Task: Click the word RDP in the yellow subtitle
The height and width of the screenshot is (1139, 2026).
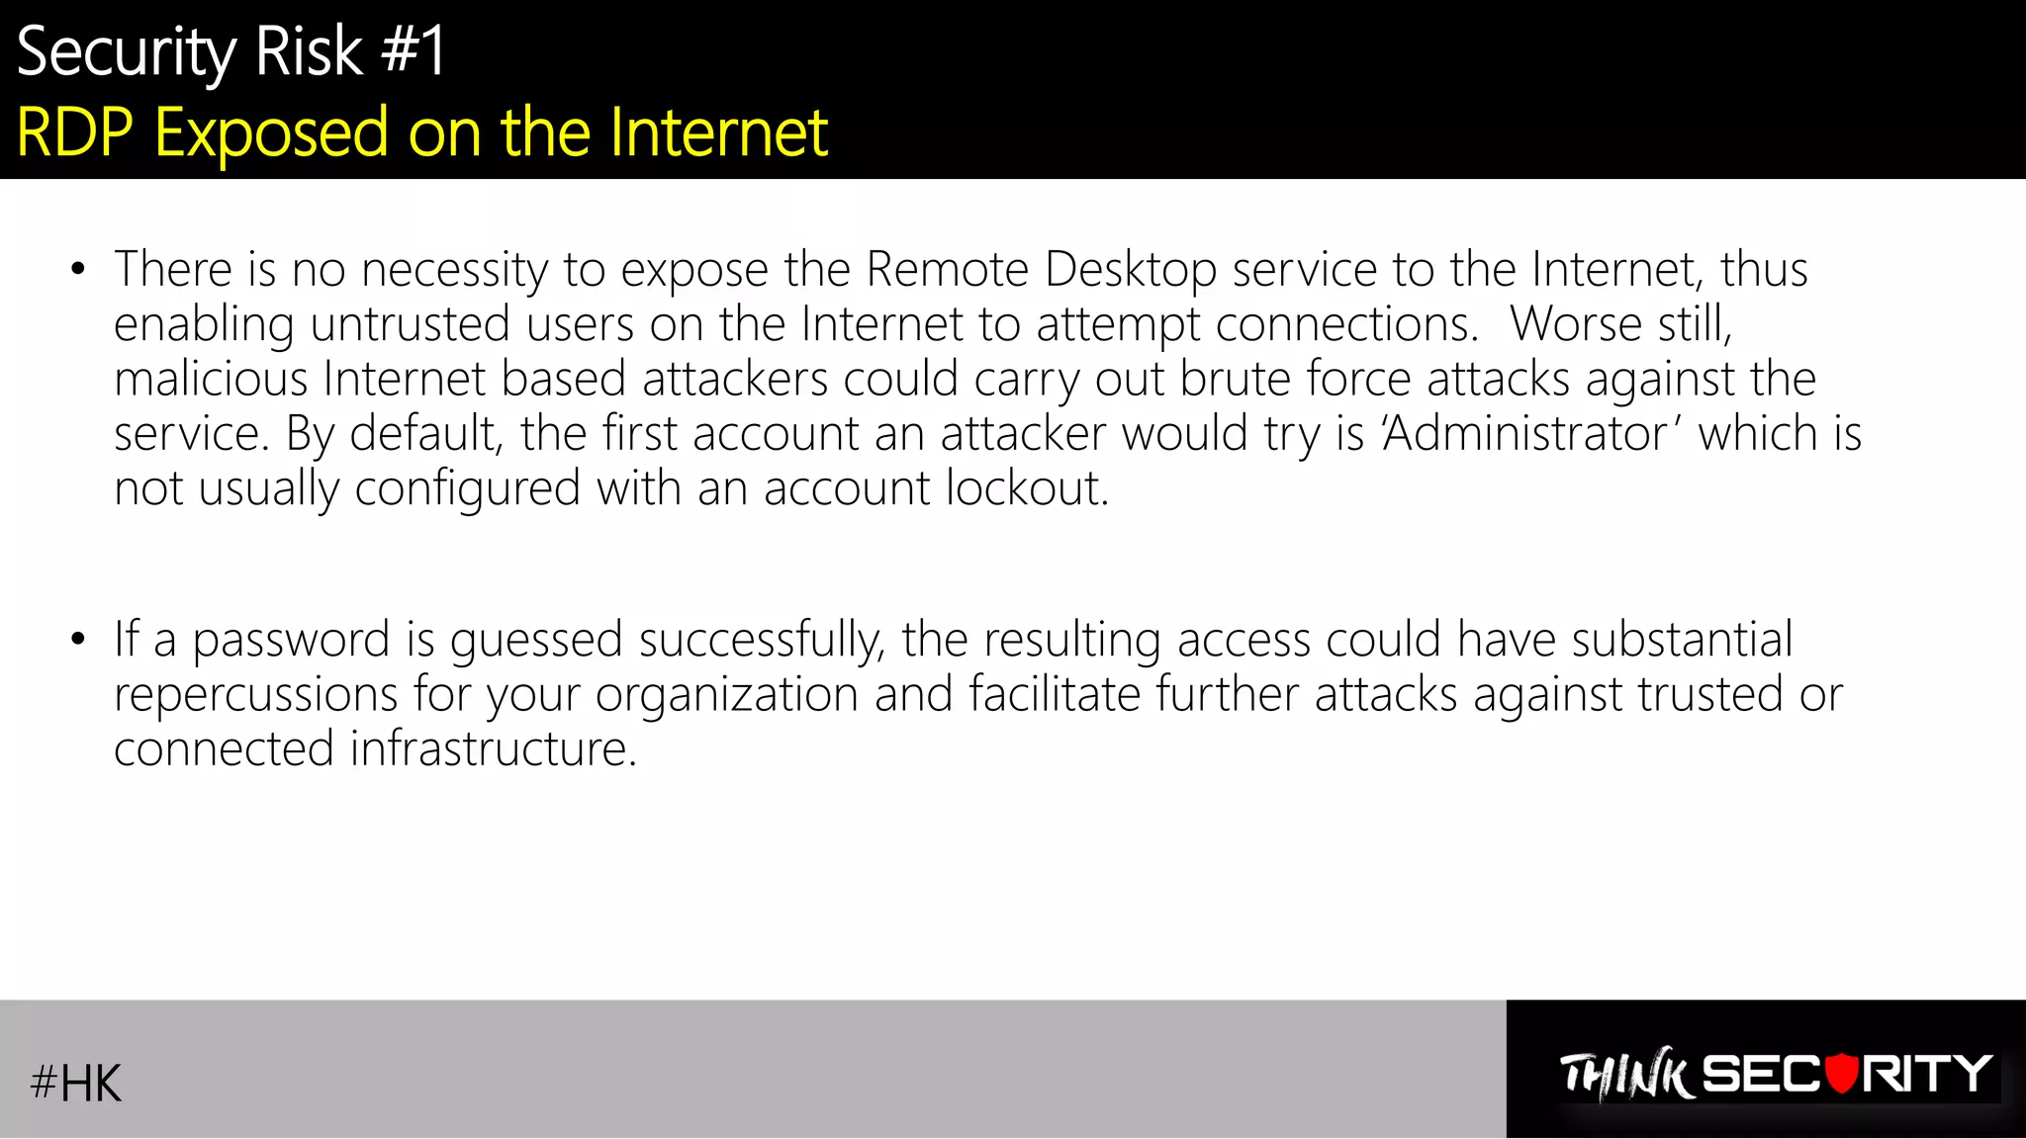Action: pyautogui.click(x=75, y=132)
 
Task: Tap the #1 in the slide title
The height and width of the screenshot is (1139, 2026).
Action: pyautogui.click(x=414, y=51)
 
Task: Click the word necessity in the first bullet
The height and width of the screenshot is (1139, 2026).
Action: pyautogui.click(x=454, y=270)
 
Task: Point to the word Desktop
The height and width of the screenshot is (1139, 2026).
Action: pyautogui.click(x=1130, y=270)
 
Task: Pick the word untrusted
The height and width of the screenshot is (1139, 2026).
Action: pyautogui.click(x=411, y=324)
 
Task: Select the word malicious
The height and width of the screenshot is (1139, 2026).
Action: pyautogui.click(x=211, y=379)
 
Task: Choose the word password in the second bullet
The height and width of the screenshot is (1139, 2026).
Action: pyautogui.click(x=291, y=641)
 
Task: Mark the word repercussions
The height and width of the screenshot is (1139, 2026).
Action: pyautogui.click(x=255, y=695)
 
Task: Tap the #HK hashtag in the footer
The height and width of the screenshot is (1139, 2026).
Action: pyautogui.click(x=76, y=1083)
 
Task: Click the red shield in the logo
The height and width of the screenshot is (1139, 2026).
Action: pyautogui.click(x=1841, y=1074)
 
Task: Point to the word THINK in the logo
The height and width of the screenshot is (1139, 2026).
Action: pyautogui.click(x=1625, y=1075)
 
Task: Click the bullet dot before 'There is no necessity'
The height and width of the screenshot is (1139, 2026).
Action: pyautogui.click(x=78, y=269)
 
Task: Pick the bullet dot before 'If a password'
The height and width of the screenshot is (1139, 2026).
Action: pyautogui.click(x=78, y=640)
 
